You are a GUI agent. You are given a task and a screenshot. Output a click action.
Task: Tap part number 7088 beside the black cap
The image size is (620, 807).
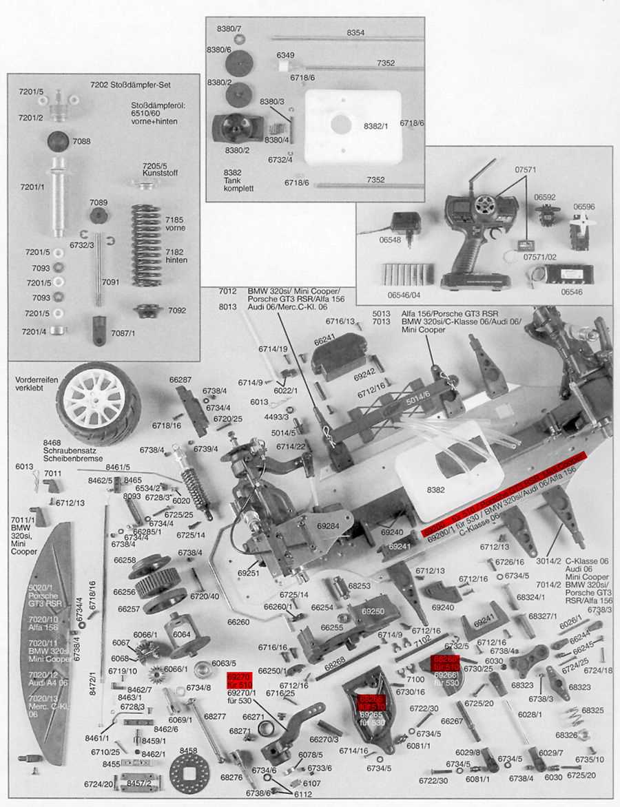[x=81, y=141]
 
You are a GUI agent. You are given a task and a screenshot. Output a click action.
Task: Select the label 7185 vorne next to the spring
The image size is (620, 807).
[x=175, y=223]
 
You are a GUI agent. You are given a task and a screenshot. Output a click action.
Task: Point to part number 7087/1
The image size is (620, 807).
[x=123, y=333]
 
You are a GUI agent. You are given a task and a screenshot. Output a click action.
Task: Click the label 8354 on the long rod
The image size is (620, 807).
[x=355, y=32]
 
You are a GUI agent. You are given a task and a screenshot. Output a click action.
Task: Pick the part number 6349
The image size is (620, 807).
[x=285, y=55]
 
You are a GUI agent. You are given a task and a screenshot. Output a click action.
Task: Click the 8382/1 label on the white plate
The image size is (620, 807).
[x=376, y=126]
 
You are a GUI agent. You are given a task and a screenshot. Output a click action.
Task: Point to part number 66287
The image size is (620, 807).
[x=180, y=379]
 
